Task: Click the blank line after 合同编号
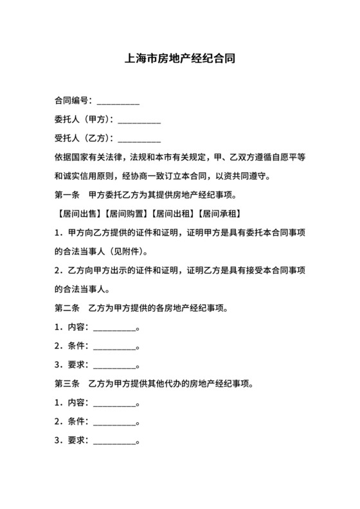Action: tap(118, 102)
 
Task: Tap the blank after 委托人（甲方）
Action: tap(139, 120)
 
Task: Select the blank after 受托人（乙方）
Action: tap(139, 139)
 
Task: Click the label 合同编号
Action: tap(71, 101)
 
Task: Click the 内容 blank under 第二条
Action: tap(115, 328)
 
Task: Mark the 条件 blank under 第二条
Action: tap(115, 348)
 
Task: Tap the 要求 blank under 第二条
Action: tap(115, 366)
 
